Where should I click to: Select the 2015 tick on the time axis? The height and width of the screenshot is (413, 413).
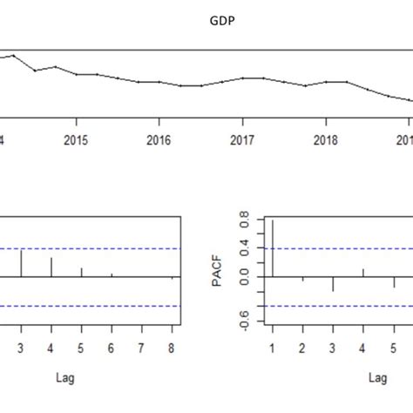point(76,140)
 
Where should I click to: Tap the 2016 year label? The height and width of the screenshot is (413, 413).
point(159,140)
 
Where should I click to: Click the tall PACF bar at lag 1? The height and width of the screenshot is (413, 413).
point(273,249)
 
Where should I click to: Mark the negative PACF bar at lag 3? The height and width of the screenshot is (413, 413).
point(333,284)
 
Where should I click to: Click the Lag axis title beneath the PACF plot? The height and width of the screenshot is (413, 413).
point(377,378)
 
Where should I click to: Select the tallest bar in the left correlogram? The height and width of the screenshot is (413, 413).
point(21,264)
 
